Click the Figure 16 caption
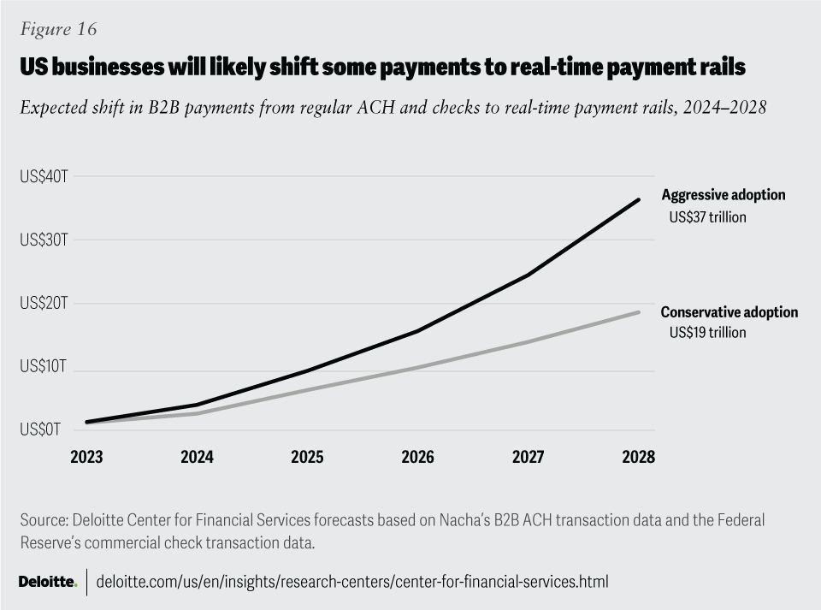tap(57, 29)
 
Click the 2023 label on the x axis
tap(86, 457)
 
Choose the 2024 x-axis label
tap(197, 457)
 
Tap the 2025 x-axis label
tap(307, 457)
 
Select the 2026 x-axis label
tap(417, 457)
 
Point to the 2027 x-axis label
tap(528, 457)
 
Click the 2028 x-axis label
tap(638, 457)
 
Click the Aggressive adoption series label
tap(723, 195)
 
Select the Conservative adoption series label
tap(729, 312)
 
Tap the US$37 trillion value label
tap(707, 217)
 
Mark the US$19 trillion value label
tap(707, 333)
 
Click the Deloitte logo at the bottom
tap(48, 583)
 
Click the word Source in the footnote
tap(39, 520)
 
